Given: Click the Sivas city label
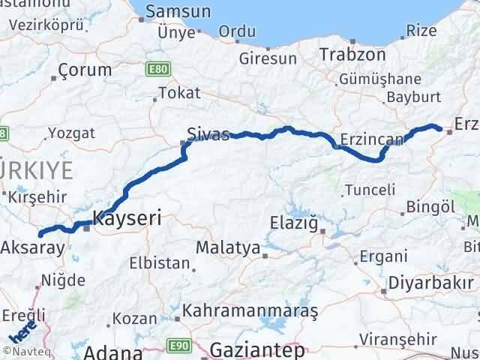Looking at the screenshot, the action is tap(208, 134).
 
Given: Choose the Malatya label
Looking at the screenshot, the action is tap(228, 247).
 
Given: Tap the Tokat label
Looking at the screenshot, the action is tap(180, 93).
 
